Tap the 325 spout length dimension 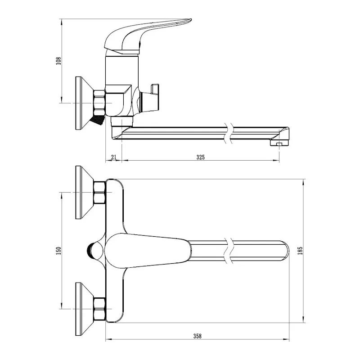[x=201, y=157]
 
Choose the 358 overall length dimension [x=197, y=336]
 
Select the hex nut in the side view [x=99, y=103]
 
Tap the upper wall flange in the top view [x=84, y=192]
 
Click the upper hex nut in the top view [x=99, y=192]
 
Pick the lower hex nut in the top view [x=99, y=309]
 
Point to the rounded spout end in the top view [x=283, y=251]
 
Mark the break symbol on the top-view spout [x=230, y=251]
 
